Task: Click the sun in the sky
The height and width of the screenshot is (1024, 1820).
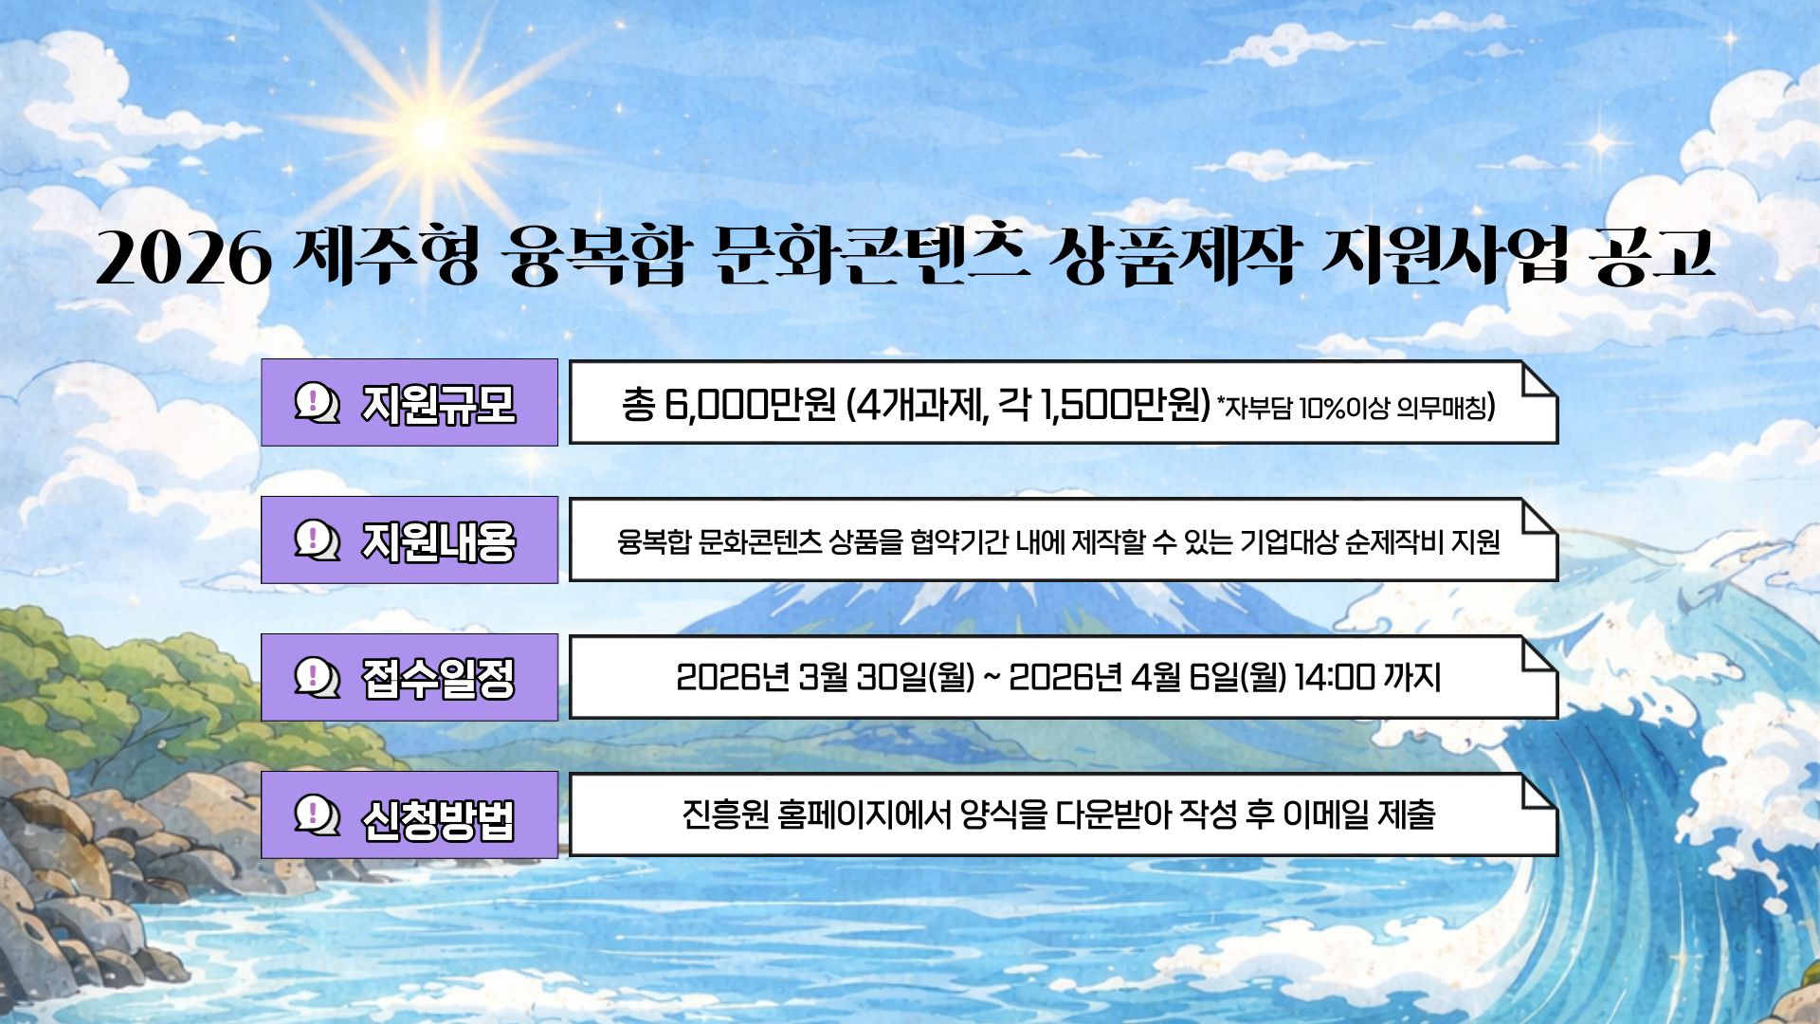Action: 432,134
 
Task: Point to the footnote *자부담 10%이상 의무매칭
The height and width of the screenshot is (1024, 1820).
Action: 1356,408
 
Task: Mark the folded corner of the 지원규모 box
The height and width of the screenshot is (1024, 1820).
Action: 1537,381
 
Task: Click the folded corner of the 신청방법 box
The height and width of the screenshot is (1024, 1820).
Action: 1537,794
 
